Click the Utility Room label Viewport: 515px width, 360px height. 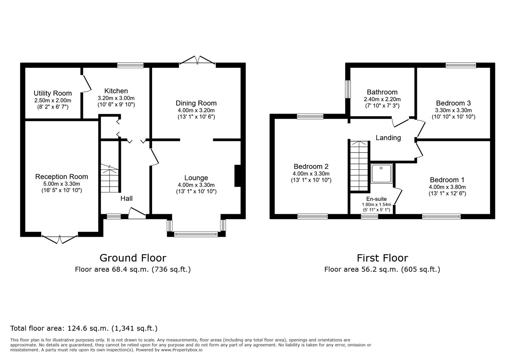53,93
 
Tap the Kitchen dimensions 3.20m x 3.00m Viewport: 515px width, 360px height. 116,98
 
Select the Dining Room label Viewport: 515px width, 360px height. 196,103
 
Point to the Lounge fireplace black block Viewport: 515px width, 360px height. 237,176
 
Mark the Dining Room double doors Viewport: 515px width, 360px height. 197,60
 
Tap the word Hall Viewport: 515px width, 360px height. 126,198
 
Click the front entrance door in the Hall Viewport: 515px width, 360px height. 137,213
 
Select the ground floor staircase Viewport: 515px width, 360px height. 110,178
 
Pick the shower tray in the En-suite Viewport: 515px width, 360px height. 382,173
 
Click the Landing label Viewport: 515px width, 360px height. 388,138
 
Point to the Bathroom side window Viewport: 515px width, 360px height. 348,89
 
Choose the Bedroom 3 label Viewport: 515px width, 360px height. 453,103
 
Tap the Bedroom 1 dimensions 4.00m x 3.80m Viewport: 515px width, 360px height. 447,187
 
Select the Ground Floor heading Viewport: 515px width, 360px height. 133,258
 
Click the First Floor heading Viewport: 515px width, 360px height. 382,258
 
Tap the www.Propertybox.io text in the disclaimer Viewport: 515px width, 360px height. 182,350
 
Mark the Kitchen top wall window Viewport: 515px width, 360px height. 130,65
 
